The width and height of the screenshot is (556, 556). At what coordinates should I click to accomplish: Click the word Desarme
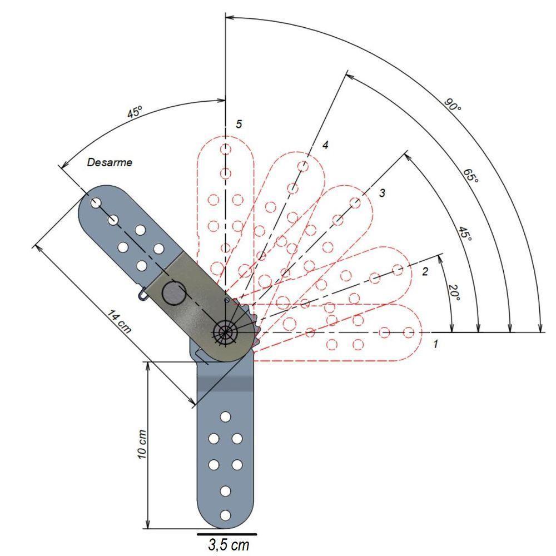pyautogui.click(x=110, y=162)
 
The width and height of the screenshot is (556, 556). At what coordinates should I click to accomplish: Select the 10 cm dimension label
pyautogui.click(x=142, y=445)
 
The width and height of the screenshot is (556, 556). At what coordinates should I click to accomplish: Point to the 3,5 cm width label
pyautogui.click(x=229, y=545)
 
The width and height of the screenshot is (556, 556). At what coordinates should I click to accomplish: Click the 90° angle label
pyautogui.click(x=453, y=105)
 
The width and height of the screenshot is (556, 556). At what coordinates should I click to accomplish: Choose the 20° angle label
pyautogui.click(x=454, y=292)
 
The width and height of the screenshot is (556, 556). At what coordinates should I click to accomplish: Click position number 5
pyautogui.click(x=239, y=124)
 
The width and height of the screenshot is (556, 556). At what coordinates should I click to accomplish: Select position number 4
pyautogui.click(x=325, y=145)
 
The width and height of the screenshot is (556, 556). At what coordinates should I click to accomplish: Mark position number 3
pyautogui.click(x=382, y=193)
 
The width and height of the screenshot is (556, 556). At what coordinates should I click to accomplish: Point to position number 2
pyautogui.click(x=425, y=272)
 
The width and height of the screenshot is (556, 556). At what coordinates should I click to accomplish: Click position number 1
pyautogui.click(x=436, y=344)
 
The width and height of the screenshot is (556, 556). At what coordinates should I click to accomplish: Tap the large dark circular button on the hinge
pyautogui.click(x=173, y=294)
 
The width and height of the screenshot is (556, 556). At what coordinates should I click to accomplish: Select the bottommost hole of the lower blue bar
pyautogui.click(x=225, y=515)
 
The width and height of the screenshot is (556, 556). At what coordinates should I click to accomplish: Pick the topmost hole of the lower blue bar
pyautogui.click(x=225, y=416)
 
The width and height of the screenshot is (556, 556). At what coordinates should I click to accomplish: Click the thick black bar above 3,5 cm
pyautogui.click(x=227, y=534)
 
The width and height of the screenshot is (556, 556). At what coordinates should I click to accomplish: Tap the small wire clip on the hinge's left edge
pyautogui.click(x=143, y=295)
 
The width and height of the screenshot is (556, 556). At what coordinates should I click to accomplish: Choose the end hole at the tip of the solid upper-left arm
pyautogui.click(x=96, y=203)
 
